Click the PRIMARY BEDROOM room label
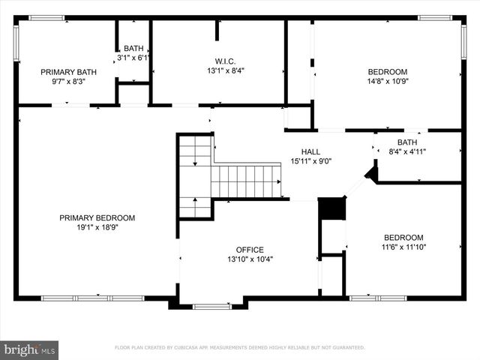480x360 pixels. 97,218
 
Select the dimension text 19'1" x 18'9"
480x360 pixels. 97,227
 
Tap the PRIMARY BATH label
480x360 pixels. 64,72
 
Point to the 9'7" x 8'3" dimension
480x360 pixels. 64,81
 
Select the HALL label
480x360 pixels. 310,151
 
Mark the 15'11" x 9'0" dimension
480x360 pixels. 310,160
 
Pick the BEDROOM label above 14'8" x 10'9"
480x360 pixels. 387,72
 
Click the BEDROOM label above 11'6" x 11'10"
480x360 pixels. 403,237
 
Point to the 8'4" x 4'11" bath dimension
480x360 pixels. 407,151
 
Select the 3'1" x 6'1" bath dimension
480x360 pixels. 134,57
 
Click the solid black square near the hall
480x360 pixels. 331,208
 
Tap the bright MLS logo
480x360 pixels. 30,349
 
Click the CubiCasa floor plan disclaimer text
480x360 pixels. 239,347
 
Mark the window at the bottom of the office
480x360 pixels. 211,306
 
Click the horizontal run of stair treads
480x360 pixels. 246,181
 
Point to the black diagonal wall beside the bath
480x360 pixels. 370,174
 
